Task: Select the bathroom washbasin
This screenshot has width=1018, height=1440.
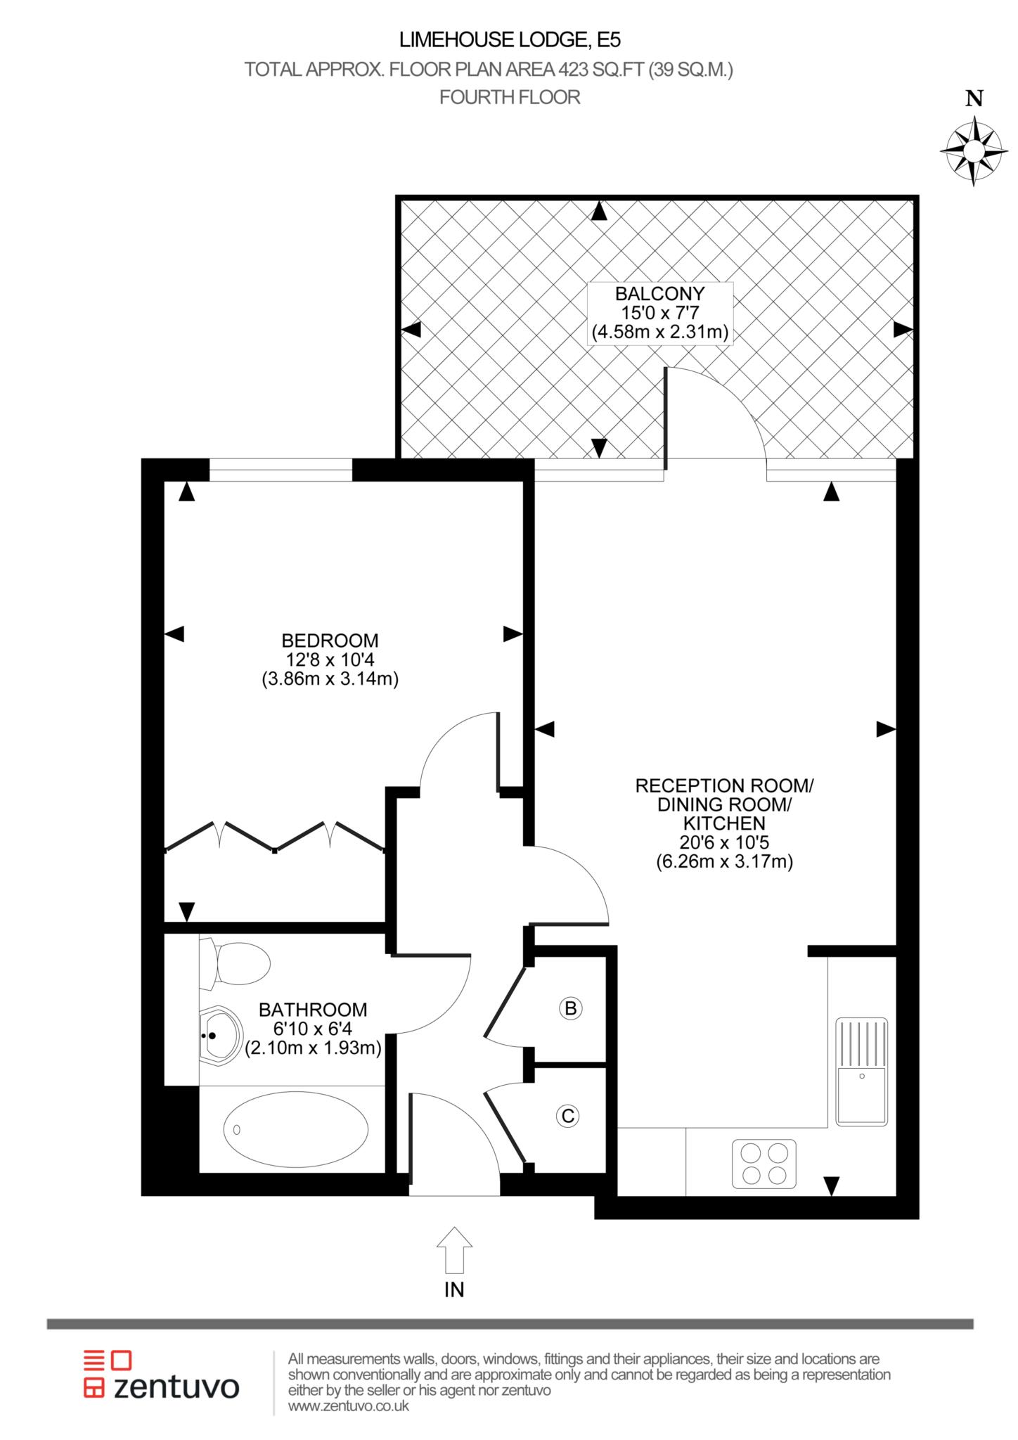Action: click(220, 1036)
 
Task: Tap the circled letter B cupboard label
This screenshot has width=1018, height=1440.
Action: click(571, 1009)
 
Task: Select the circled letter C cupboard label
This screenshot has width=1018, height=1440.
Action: click(567, 1116)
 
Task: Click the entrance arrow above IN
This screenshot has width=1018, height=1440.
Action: click(454, 1250)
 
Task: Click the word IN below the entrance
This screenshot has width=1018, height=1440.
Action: click(454, 1290)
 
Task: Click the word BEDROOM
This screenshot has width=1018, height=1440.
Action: click(330, 641)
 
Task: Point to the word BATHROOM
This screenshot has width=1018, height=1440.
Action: click(313, 1010)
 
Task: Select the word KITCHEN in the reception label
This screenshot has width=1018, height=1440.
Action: click(724, 823)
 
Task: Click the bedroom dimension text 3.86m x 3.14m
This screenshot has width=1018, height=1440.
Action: click(330, 679)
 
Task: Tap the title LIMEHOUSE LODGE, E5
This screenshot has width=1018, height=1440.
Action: click(510, 40)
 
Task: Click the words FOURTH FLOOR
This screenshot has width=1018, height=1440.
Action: click(510, 97)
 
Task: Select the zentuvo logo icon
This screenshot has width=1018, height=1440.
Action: click(108, 1372)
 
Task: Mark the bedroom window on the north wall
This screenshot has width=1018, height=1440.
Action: click(281, 470)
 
